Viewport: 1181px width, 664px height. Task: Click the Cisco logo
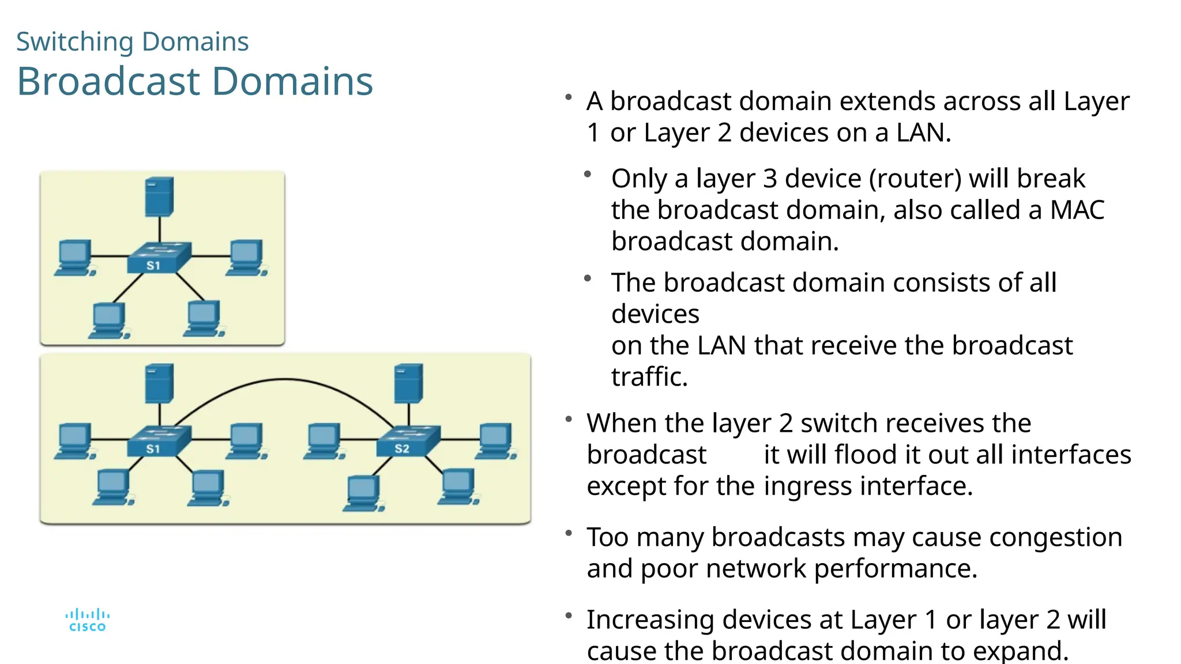coord(87,620)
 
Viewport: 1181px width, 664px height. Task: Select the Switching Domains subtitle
coord(132,41)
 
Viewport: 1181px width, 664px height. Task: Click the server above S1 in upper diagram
coord(159,197)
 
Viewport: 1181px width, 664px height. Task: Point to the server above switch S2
coord(408,383)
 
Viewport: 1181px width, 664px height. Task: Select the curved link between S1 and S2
coord(284,380)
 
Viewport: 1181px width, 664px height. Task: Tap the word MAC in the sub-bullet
coord(1077,210)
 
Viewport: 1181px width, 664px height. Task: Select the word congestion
coord(1055,537)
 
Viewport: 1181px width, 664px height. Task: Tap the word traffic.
coord(649,377)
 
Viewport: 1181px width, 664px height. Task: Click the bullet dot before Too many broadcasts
coord(569,533)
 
